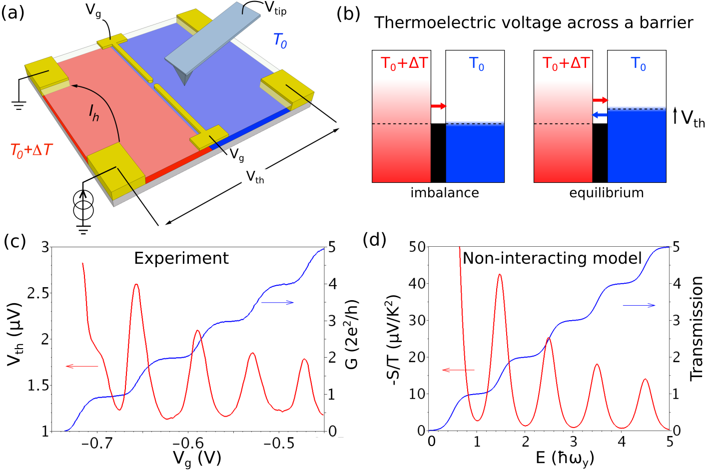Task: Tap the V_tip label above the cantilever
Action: (275, 8)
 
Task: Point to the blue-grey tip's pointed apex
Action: (185, 84)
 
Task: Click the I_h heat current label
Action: (94, 115)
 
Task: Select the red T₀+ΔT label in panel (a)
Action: (31, 150)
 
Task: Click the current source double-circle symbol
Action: (83, 205)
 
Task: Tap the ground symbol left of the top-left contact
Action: (19, 105)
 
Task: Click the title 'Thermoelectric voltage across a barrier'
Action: (534, 22)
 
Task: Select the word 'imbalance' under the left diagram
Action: (444, 193)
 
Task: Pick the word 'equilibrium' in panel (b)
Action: (606, 193)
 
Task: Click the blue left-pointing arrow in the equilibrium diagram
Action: (600, 115)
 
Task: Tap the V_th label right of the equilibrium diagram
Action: (693, 119)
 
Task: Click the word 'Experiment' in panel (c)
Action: (181, 258)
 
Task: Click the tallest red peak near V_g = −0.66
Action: (136, 285)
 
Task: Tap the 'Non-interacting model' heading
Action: (552, 258)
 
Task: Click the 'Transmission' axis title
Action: (696, 328)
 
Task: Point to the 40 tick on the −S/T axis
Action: (417, 284)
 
